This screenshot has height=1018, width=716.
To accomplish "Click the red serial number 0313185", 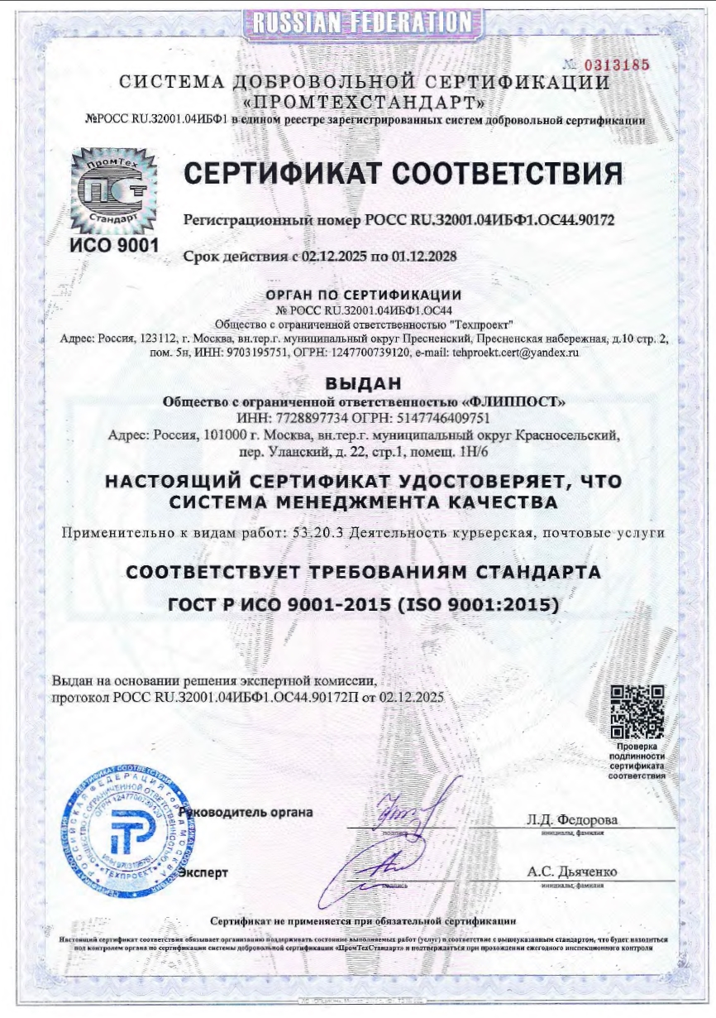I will click(618, 65).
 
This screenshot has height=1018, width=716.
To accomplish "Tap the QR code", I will click(637, 712).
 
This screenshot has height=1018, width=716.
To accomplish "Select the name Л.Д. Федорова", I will click(571, 819).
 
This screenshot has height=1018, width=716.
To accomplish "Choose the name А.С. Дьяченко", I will click(571, 872).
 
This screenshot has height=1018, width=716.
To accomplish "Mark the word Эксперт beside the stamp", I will click(203, 872).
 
